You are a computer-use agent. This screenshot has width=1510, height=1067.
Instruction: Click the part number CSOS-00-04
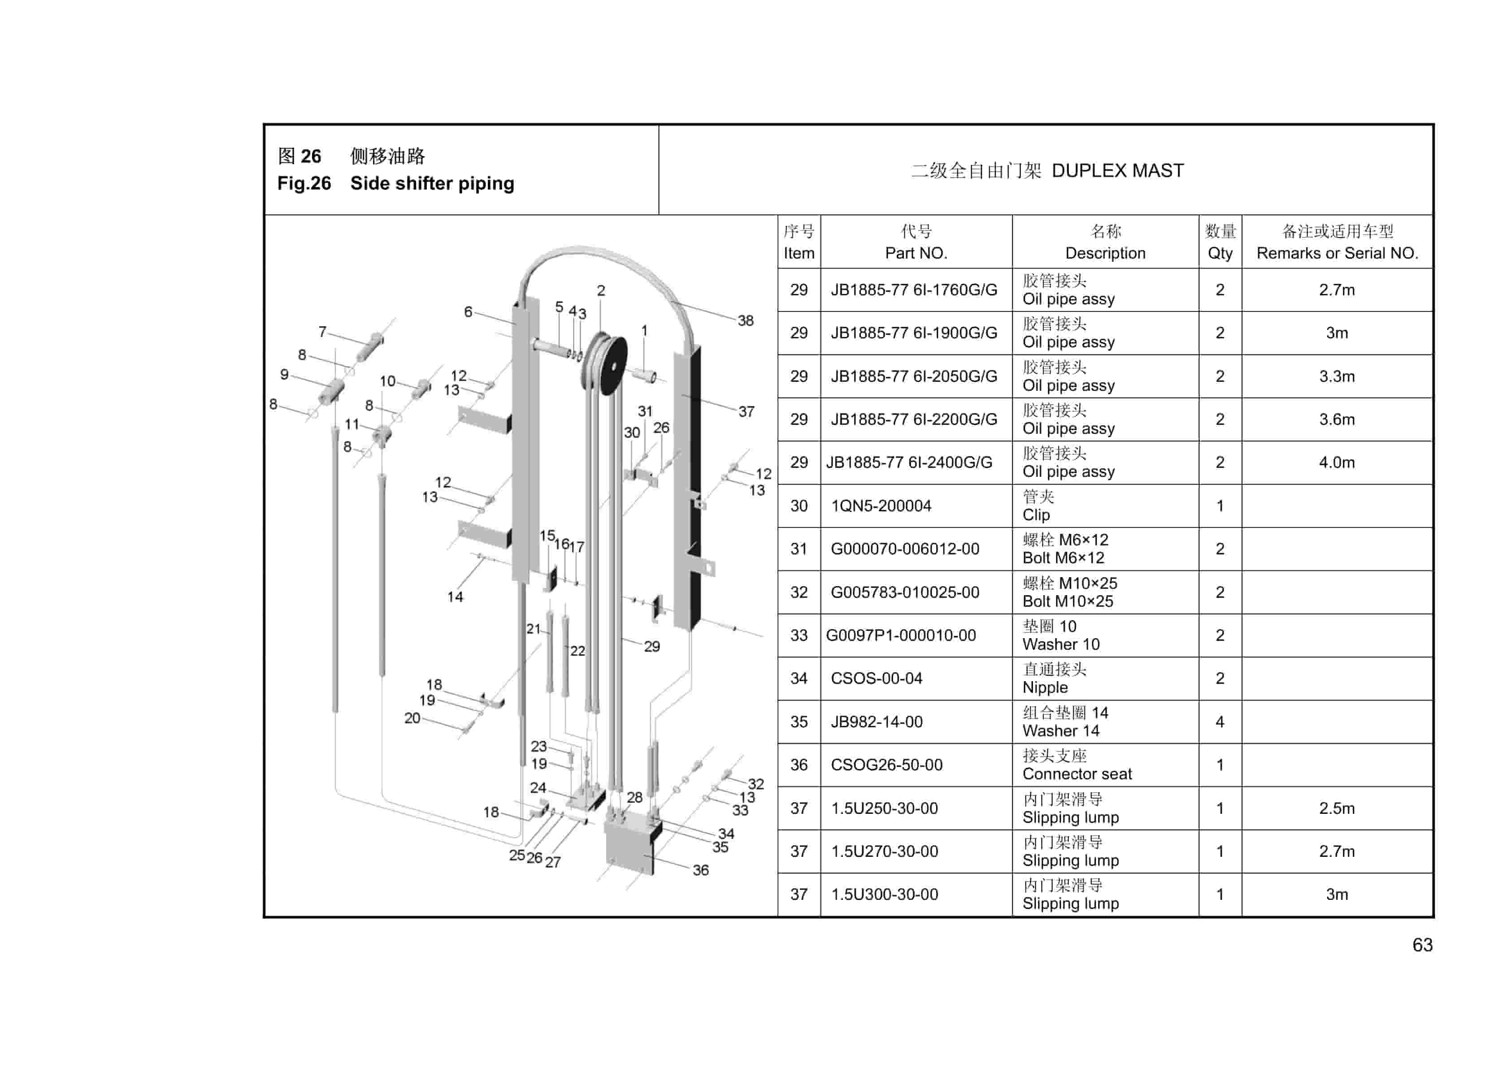pyautogui.click(x=876, y=678)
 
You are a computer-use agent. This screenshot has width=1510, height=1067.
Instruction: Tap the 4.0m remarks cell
pyautogui.click(x=1336, y=462)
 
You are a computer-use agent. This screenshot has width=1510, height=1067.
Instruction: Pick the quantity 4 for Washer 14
pyautogui.click(x=1219, y=722)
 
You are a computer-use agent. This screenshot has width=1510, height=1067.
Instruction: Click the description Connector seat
pyautogui.click(x=1076, y=774)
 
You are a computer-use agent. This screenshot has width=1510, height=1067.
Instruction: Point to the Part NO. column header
pyautogui.click(x=916, y=253)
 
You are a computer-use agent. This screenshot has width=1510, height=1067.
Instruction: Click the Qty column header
pyautogui.click(x=1219, y=253)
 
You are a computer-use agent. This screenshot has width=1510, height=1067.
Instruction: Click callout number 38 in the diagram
pyautogui.click(x=745, y=321)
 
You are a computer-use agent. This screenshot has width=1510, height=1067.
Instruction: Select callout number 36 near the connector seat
pyautogui.click(x=700, y=870)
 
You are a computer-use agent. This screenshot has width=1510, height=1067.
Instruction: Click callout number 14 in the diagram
pyautogui.click(x=455, y=597)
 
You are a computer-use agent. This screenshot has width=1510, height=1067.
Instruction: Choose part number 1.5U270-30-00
pyautogui.click(x=884, y=851)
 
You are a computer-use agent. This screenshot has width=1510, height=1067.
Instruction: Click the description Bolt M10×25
pyautogui.click(x=1067, y=601)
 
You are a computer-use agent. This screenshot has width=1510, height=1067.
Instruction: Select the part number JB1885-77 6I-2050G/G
pyautogui.click(x=914, y=376)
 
